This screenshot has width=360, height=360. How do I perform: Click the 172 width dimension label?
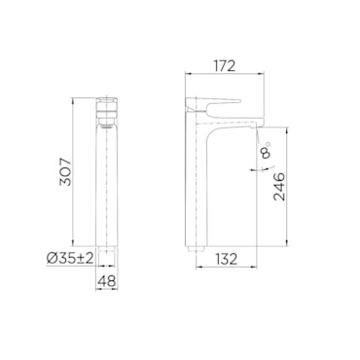(224, 66)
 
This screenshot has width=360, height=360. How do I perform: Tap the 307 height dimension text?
(65, 172)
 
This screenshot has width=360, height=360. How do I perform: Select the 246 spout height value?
(278, 187)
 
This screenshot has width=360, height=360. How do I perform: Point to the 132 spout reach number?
(226, 259)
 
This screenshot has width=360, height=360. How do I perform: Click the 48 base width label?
(107, 281)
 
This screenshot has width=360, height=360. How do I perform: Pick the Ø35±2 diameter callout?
(70, 259)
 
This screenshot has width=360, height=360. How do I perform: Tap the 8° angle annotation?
(267, 150)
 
